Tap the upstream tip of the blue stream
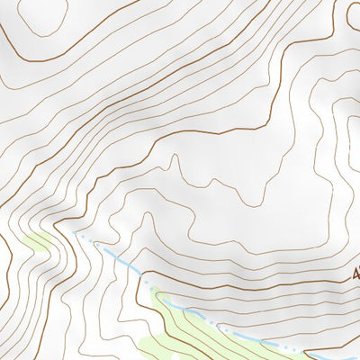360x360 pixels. (76, 232)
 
